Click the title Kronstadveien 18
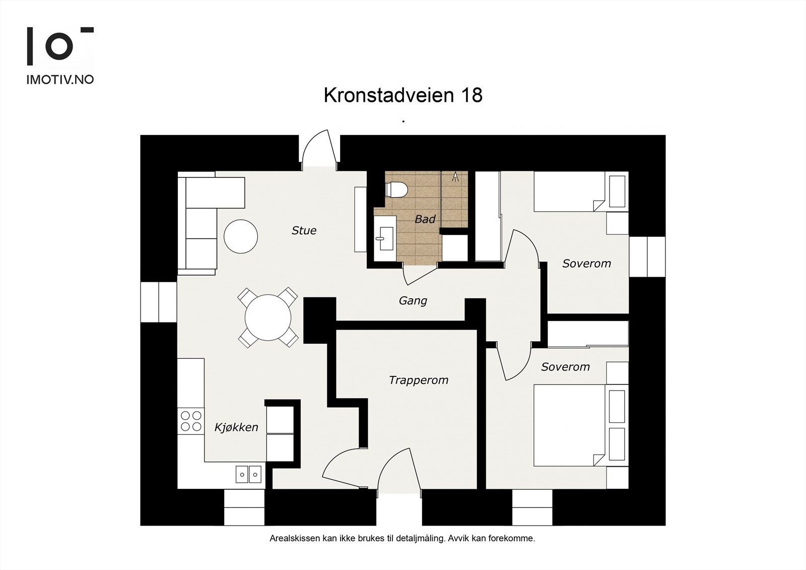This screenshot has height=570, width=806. pos(402,95)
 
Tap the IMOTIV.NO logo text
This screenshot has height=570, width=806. pos(60,80)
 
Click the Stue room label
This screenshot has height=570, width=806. pos(304,230)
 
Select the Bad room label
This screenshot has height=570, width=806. pos(425,219)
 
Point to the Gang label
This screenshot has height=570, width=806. pos(413,301)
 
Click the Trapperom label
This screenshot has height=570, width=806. pos(418,380)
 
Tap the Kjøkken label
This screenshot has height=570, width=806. pos(236,427)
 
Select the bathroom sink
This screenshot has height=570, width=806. pos(385,237)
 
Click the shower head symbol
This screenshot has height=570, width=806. pos(455,176)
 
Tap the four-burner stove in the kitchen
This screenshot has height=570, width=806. pos(191,421)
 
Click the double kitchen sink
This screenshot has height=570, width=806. pos(249,474)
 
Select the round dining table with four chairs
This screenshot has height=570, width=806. pos(268,318)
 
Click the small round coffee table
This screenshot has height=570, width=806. pos(240,236)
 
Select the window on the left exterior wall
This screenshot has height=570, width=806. pos(158,302)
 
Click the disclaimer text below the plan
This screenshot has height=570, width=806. pos(402,538)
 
